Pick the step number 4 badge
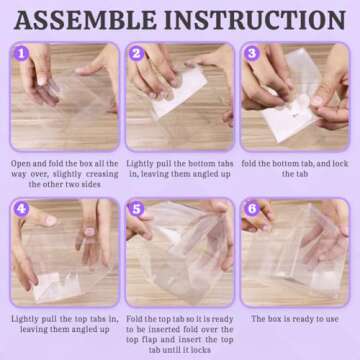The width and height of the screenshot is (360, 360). coord(19,208)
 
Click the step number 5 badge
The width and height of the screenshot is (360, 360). coord(135,208)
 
